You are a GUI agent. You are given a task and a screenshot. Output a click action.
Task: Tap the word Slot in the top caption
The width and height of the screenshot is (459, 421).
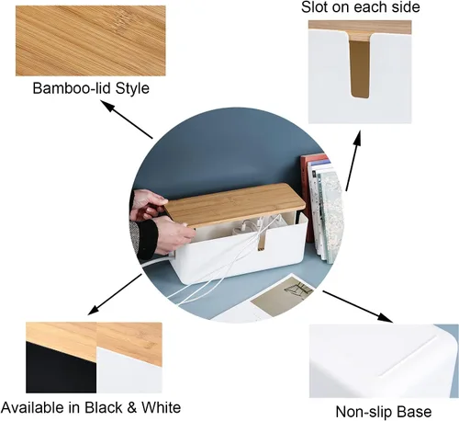point(318,8)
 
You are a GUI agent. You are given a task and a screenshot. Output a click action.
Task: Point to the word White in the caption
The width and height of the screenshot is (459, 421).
point(160,407)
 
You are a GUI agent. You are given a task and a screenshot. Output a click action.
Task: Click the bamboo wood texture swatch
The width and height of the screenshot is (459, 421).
point(91,40)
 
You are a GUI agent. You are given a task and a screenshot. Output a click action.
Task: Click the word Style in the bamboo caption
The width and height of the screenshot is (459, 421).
point(129,89)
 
